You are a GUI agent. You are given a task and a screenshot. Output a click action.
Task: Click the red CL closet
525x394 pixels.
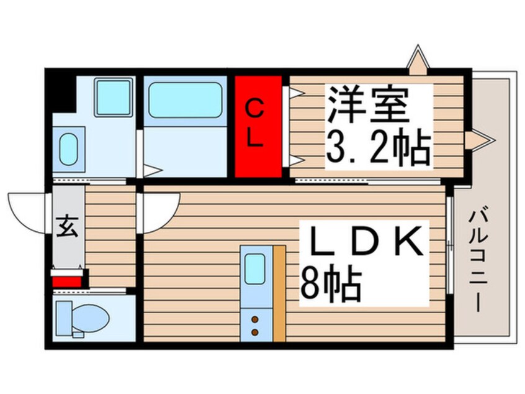[258, 126]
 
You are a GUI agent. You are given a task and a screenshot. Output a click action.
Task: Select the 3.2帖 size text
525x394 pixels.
[378, 148]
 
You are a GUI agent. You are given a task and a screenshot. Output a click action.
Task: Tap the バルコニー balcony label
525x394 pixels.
[478, 261]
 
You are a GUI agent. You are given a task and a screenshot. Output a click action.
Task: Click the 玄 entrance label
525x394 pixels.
[68, 226]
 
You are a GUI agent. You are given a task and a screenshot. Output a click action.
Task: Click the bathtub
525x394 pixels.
[185, 100]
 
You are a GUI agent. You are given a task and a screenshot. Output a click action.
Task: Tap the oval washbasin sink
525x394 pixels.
[69, 149]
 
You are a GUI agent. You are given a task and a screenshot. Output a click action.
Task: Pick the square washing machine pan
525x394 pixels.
[113, 97]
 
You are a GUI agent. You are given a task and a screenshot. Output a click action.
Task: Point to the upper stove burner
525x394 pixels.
[255, 319]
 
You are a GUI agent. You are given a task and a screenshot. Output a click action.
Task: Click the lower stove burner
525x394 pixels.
[255, 332]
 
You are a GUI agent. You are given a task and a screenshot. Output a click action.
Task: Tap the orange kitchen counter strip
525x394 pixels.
[279, 293]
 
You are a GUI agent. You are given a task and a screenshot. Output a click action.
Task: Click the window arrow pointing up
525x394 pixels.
[418, 60]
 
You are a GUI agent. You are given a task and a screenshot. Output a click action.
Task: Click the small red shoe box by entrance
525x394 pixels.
[67, 282]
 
